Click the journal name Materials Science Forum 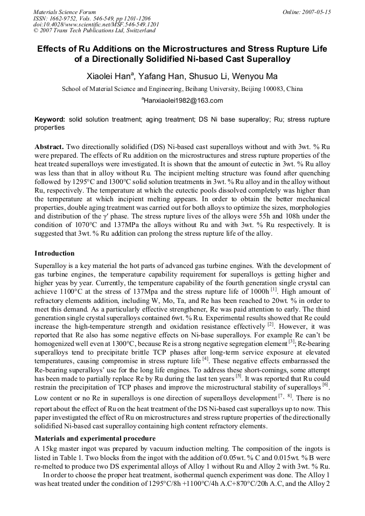[x=65, y=12]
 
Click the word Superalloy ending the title [x=264, y=59]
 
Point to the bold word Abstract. [x=49, y=147]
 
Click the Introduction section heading [x=54, y=253]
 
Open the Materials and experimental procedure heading [x=95, y=439]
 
